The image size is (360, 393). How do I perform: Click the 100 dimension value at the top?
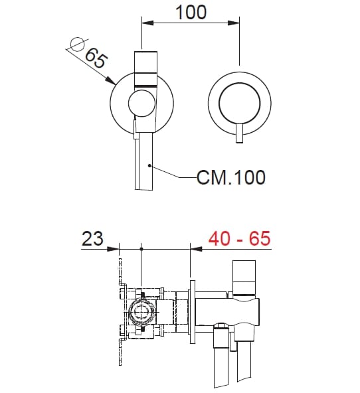click(x=191, y=12)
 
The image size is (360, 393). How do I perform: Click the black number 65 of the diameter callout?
click(x=96, y=61)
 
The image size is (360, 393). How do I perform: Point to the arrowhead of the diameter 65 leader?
click(x=112, y=82)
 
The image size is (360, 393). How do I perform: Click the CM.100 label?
click(x=230, y=177)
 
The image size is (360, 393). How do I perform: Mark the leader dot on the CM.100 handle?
click(x=151, y=165)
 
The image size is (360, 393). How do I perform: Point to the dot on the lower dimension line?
click(x=142, y=249)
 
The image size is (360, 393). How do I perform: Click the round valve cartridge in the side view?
click(x=142, y=312)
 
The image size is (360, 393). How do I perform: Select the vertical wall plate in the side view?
click(x=193, y=312)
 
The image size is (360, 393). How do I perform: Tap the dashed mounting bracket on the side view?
click(x=120, y=312)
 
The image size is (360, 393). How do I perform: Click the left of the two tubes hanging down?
click(x=219, y=358)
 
